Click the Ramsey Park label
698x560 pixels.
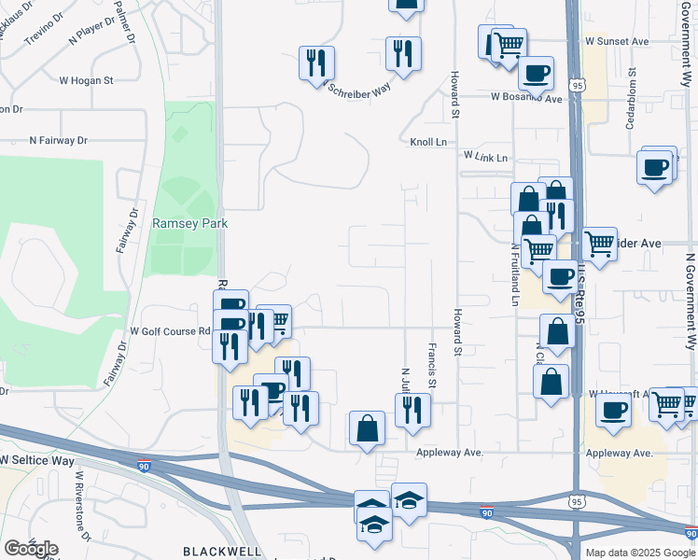[190, 224]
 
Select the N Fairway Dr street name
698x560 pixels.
[58, 140]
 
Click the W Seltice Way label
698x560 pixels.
[36, 460]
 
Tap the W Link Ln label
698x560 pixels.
[485, 158]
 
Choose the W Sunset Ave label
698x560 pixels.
[617, 42]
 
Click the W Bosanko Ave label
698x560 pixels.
[527, 98]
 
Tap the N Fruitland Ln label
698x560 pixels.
[514, 276]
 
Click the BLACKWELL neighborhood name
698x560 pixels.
[222, 551]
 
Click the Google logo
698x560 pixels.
[31, 549]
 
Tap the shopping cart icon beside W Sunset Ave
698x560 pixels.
[509, 43]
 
